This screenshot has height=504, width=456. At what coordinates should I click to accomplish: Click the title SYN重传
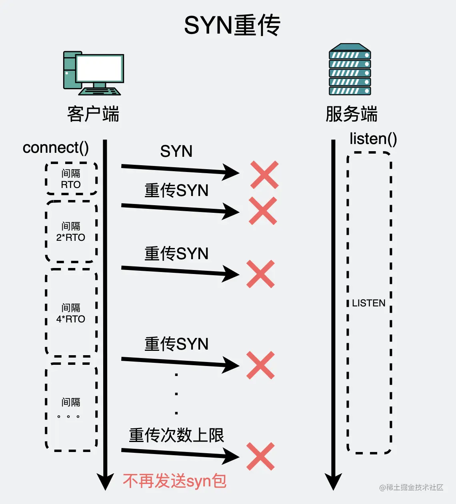pyautogui.click(x=232, y=25)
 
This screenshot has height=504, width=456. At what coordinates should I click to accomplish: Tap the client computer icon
pyautogui.click(x=93, y=73)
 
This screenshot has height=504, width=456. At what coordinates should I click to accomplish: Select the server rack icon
pyautogui.click(x=350, y=70)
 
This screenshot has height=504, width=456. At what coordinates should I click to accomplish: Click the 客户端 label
pyautogui.click(x=93, y=114)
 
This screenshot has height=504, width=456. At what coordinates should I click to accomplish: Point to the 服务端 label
pyautogui.click(x=351, y=114)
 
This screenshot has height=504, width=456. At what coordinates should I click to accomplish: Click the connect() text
pyautogui.click(x=56, y=148)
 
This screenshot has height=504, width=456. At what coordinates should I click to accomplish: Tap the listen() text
pyautogui.click(x=373, y=139)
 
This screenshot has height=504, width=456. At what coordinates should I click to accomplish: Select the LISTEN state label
pyautogui.click(x=368, y=303)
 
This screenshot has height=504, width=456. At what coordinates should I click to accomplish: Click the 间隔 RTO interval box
pyautogui.click(x=71, y=179)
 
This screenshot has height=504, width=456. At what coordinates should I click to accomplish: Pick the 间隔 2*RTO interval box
pyautogui.click(x=71, y=232)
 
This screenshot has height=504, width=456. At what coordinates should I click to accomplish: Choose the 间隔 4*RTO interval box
pyautogui.click(x=71, y=313)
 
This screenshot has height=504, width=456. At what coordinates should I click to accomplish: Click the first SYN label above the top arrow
pyautogui.click(x=176, y=151)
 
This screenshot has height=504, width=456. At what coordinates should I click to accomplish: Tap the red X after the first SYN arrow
pyautogui.click(x=264, y=175)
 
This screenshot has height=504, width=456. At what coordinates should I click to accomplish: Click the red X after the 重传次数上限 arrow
pyautogui.click(x=260, y=456)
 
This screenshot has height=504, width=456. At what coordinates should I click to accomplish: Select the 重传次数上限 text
pyautogui.click(x=176, y=435)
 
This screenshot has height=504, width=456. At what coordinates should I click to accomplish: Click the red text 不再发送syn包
pyautogui.click(x=175, y=481)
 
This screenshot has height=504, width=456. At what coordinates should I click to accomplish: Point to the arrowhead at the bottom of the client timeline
pyautogui.click(x=105, y=481)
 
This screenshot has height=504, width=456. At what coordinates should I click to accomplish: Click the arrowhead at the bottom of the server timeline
pyautogui.click(x=333, y=481)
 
